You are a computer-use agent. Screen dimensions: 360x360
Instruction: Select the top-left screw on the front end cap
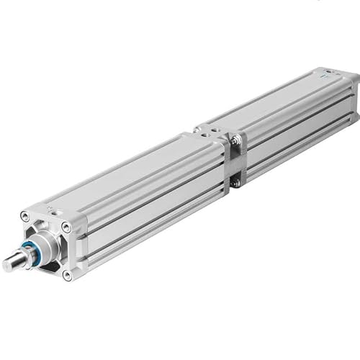click(x=26, y=216)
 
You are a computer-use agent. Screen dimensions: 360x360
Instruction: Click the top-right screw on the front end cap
click(x=66, y=228)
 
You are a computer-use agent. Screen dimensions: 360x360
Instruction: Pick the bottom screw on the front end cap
click(x=67, y=274)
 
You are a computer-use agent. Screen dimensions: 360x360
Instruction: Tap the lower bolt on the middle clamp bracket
click(x=235, y=182)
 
